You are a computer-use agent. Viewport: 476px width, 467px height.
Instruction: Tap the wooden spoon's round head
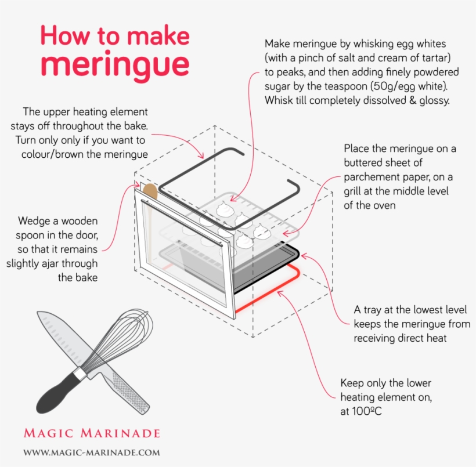click(150, 191)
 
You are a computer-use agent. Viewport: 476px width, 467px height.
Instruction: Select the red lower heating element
click(267, 288)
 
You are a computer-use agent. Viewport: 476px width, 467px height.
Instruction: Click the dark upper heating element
click(230, 188)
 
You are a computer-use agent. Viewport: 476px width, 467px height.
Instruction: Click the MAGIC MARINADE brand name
click(92, 433)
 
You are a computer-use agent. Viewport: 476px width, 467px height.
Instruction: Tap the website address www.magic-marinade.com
click(92, 452)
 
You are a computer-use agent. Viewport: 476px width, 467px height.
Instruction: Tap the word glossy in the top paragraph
click(434, 101)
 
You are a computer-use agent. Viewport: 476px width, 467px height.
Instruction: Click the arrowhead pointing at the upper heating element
click(201, 155)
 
